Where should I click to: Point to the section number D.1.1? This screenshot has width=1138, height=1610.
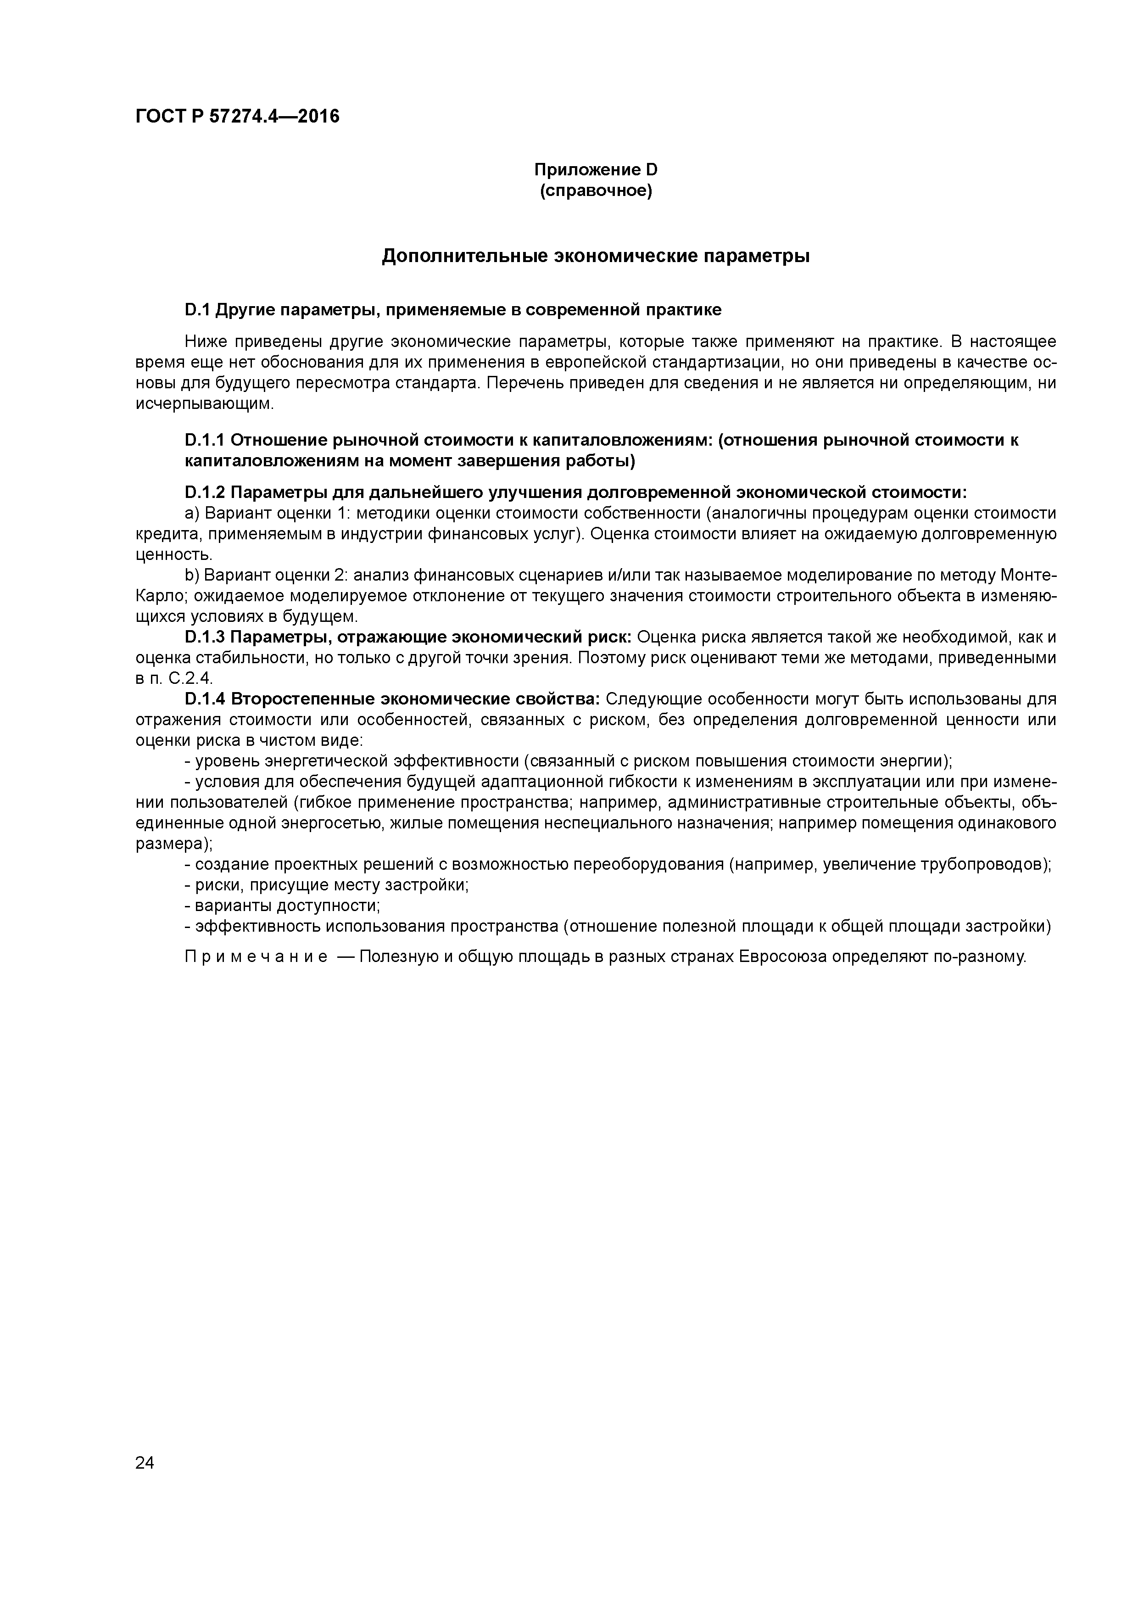point(204,441)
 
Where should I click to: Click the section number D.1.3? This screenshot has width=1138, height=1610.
point(205,637)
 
